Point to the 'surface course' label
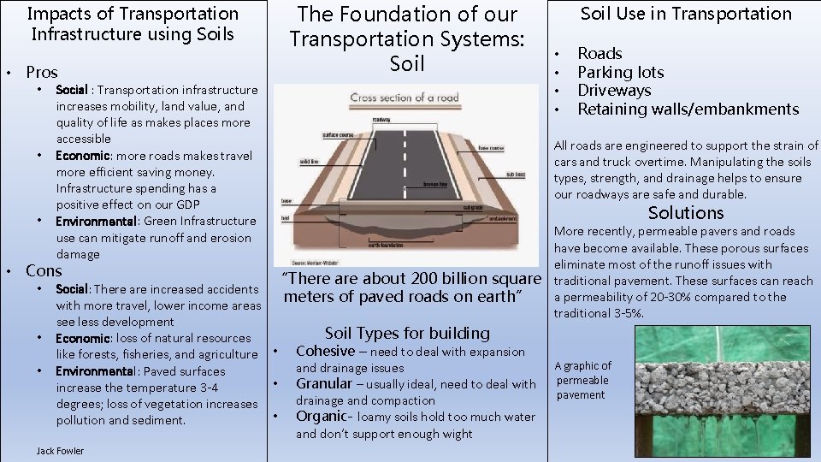tap(337, 135)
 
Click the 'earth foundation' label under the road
tap(386, 245)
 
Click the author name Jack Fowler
tap(61, 451)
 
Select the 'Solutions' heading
tap(685, 213)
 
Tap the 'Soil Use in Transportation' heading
tap(686, 14)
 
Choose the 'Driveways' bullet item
tap(614, 91)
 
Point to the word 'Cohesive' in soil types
tap(325, 351)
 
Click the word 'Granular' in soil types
tap(324, 384)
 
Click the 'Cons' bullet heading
tap(44, 271)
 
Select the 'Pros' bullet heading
tap(42, 73)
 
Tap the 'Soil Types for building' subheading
tap(407, 333)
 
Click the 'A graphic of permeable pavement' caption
tap(583, 380)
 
